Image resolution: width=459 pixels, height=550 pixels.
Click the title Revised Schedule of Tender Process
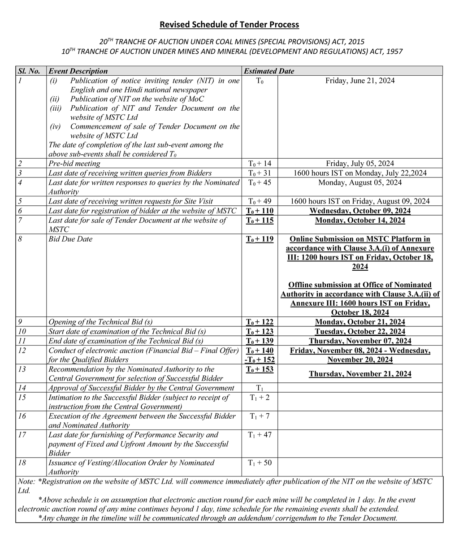coord(229,24)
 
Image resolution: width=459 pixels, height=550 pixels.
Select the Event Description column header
coord(78,71)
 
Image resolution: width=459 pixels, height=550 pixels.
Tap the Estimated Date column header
coord(268,71)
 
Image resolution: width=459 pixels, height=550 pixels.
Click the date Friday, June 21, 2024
coord(360,81)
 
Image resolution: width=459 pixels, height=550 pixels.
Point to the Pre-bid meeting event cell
coord(74,164)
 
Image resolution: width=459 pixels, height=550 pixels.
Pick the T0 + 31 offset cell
coord(260,173)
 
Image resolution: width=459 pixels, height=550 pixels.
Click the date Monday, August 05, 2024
coord(360,182)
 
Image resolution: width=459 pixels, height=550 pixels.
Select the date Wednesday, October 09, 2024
coord(360,211)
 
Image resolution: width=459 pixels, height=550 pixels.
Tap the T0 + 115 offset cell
coord(260,220)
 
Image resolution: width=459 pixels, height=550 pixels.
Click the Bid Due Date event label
coord(70,239)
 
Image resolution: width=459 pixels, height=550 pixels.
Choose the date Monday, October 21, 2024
coord(360,322)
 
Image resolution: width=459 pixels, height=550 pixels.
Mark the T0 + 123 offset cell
coord(260,331)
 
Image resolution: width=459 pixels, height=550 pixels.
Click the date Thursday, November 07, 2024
coord(360,341)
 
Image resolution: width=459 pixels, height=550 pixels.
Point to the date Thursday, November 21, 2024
coord(360,374)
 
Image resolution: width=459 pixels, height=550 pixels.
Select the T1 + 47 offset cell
coord(260,434)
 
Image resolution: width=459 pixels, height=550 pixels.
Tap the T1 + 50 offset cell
coord(260,463)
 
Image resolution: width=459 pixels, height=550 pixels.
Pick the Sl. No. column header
coord(29,71)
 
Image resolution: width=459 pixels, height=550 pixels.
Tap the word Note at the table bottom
coord(26,481)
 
